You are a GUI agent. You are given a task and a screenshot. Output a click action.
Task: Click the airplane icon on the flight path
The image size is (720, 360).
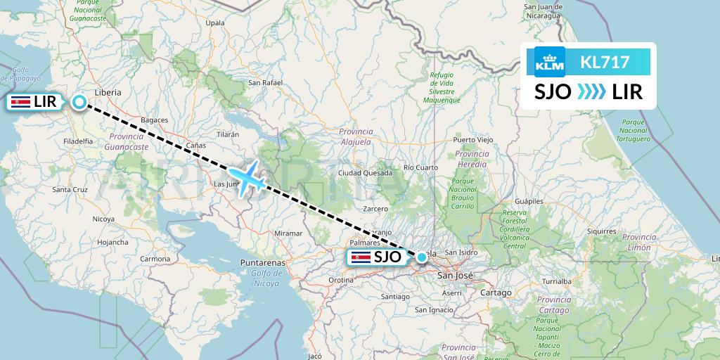coord(247,179)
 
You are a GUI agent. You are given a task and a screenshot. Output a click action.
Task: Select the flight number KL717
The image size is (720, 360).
coord(605,63)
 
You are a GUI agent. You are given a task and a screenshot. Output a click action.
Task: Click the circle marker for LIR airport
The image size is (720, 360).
coord(79,103)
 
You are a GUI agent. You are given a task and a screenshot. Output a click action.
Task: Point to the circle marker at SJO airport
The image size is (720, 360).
coord(421,257)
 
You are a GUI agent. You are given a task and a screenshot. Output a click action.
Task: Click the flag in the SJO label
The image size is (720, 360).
coord(361,257)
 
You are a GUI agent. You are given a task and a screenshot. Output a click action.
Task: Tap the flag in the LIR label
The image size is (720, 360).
coord(19,103)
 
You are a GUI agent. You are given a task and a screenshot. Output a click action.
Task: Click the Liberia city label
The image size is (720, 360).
coord(108,92)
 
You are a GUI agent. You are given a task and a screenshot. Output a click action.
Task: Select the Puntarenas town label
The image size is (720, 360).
coord(262,262)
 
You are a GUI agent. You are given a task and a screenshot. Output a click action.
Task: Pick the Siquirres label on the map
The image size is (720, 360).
coord(601,231)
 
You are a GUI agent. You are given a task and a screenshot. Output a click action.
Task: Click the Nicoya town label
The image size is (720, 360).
coord(103,219)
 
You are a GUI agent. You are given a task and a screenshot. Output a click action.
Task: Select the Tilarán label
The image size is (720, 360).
coord(229,134)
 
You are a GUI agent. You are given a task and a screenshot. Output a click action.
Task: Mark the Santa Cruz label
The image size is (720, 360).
coord(70,190)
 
